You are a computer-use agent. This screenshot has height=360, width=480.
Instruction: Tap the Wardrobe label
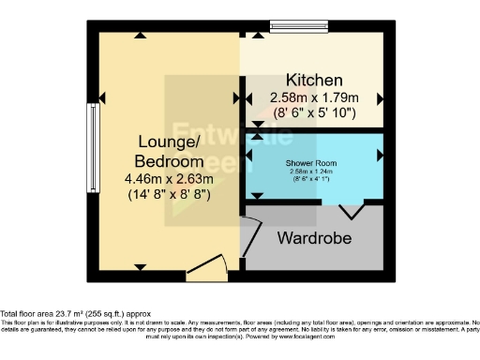click(314, 238)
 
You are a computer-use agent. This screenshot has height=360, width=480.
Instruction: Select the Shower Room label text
click(314, 163)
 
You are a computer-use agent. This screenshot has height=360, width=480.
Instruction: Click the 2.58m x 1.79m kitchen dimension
click(314, 97)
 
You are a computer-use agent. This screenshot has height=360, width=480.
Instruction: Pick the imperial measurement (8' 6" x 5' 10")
click(314, 112)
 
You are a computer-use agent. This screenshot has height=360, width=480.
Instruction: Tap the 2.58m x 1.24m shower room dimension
click(314, 172)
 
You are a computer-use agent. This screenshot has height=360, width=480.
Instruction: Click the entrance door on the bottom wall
click(205, 274)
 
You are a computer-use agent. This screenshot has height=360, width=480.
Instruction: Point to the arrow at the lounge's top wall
click(140, 35)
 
